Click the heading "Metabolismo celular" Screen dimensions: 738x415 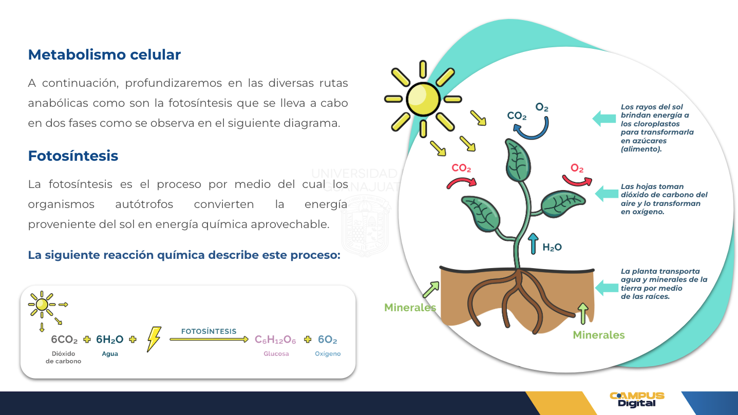tap(104, 54)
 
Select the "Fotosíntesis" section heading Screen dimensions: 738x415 tap(73, 156)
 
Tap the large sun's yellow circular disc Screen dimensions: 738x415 tap(423, 99)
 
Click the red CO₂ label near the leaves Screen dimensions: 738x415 tap(461, 168)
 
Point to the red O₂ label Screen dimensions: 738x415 tap(577, 168)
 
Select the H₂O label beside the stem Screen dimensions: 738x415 tap(552, 248)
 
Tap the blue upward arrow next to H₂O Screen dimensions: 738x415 tap(533, 243)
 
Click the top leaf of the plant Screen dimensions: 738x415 tap(518, 160)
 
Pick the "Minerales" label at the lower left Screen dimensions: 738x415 tap(410, 308)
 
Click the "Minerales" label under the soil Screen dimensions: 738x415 tap(599, 335)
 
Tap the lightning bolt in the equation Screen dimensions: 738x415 tap(154, 339)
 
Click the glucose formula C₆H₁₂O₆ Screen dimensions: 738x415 tap(275, 339)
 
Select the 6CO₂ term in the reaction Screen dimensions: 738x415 tap(64, 339)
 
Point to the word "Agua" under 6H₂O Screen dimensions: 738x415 tap(110, 354)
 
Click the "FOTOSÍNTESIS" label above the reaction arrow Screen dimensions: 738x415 tap(209, 331)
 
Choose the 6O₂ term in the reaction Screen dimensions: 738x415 tap(328, 339)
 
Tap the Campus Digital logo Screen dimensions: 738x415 tap(637, 400)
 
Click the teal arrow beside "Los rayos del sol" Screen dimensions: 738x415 tap(604, 119)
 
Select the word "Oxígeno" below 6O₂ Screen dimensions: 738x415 tap(328, 354)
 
